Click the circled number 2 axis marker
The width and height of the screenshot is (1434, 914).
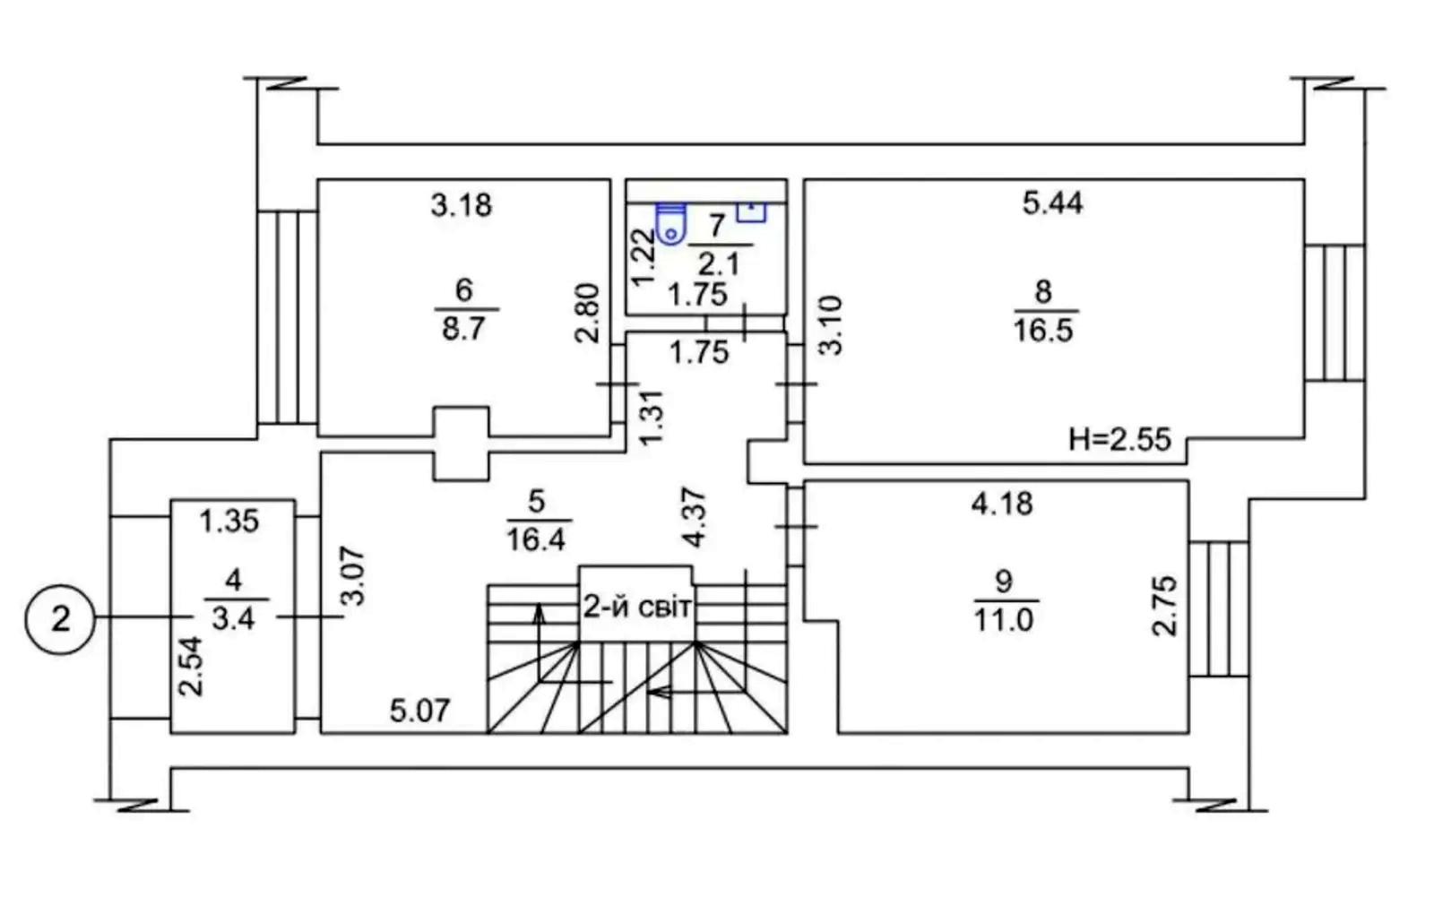pyautogui.click(x=60, y=618)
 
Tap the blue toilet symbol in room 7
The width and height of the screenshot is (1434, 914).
pyautogui.click(x=670, y=223)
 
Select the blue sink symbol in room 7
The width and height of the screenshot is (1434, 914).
pyautogui.click(x=751, y=211)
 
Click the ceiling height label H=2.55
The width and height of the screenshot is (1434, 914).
pyautogui.click(x=1119, y=440)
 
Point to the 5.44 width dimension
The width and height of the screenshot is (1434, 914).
pyautogui.click(x=1052, y=203)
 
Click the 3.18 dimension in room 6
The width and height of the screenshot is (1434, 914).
pyautogui.click(x=461, y=205)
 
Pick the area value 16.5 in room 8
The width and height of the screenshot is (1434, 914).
pyautogui.click(x=1043, y=330)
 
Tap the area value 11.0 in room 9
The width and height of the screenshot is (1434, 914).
pyautogui.click(x=1003, y=619)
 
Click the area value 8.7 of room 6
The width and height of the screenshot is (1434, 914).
pyautogui.click(x=463, y=328)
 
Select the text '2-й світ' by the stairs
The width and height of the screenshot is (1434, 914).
pyautogui.click(x=637, y=608)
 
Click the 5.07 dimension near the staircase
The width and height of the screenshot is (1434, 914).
pyautogui.click(x=419, y=711)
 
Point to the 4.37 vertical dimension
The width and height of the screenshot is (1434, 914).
pyautogui.click(x=695, y=517)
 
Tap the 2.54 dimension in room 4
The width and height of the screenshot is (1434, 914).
pyautogui.click(x=190, y=666)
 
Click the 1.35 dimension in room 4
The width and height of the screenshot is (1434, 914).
pyautogui.click(x=229, y=521)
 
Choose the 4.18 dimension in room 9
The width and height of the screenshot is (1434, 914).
pyautogui.click(x=1002, y=504)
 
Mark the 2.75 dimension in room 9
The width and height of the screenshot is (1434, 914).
pyautogui.click(x=1163, y=606)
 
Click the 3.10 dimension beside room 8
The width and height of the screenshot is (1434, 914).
pyautogui.click(x=831, y=325)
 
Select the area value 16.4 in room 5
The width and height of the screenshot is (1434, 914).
pyautogui.click(x=536, y=539)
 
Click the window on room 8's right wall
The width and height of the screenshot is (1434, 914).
pyautogui.click(x=1335, y=312)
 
